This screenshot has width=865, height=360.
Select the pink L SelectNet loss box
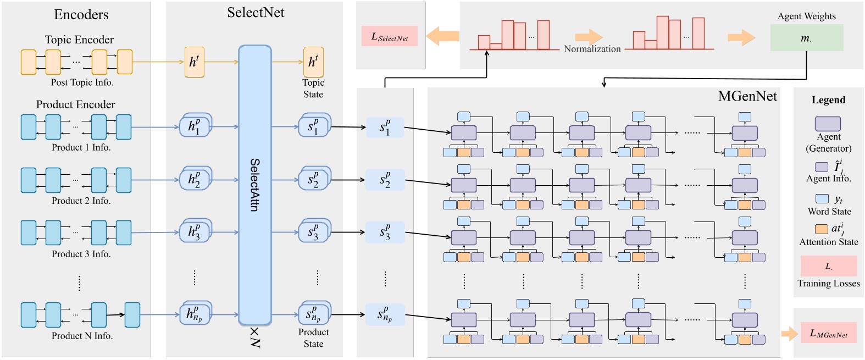tap(389, 36)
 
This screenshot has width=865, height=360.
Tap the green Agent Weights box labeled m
tap(806, 38)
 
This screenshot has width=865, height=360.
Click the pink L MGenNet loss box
tap(828, 333)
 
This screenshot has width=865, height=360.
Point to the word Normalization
tap(592, 49)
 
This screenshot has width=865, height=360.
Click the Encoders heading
tap(81, 15)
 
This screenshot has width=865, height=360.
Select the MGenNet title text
tap(747, 97)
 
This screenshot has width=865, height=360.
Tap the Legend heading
tap(828, 100)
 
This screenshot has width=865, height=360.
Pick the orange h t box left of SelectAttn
tap(194, 62)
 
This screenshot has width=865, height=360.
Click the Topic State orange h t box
tap(313, 62)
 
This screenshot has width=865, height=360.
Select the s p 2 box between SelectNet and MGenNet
tap(385, 180)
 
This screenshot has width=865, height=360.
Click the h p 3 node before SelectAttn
tap(194, 232)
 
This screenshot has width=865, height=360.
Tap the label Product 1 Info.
tap(81, 147)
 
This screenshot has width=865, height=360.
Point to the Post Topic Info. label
tap(82, 82)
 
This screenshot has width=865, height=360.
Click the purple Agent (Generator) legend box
tap(828, 124)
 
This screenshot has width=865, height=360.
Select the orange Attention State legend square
tap(821, 229)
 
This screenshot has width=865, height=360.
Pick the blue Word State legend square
tap(822, 199)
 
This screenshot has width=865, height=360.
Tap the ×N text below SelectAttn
tap(254, 337)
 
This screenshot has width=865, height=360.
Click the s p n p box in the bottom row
tap(385, 314)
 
